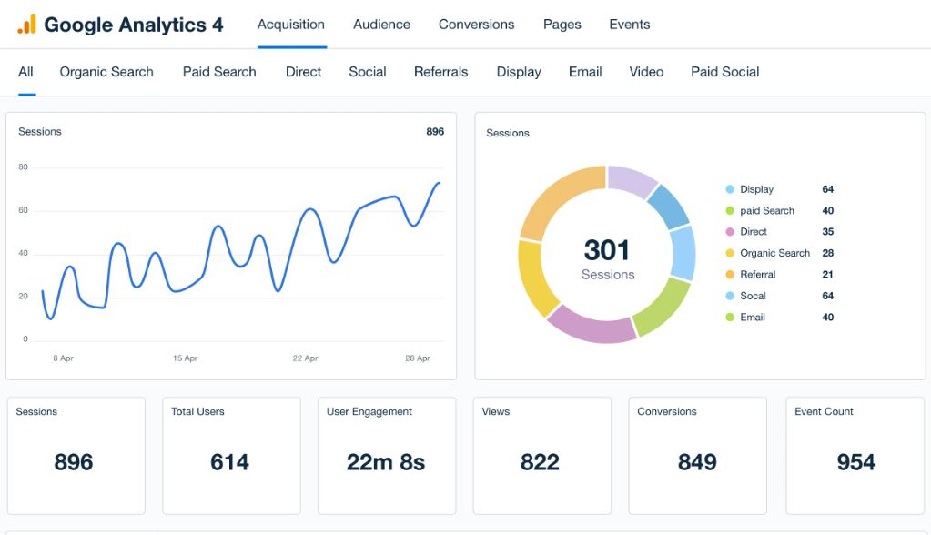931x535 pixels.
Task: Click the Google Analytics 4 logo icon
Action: (x=26, y=25)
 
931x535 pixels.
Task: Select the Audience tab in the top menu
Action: (x=381, y=25)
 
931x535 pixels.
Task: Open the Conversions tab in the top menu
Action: (x=476, y=25)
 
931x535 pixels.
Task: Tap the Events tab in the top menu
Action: (x=629, y=25)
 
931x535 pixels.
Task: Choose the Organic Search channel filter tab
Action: (x=106, y=72)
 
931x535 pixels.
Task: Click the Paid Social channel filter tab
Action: (x=724, y=72)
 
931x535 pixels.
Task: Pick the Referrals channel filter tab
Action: (x=440, y=72)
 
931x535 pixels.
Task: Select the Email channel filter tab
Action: (x=585, y=72)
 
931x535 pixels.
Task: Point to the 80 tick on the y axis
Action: (x=23, y=167)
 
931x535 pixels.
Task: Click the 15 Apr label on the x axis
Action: (x=185, y=358)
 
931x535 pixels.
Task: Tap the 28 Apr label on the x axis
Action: (x=417, y=358)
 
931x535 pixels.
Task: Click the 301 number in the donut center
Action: (x=607, y=250)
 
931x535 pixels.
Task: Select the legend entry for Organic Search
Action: (x=774, y=253)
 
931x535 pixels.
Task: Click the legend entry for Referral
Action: (x=757, y=275)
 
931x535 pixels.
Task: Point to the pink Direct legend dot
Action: (x=730, y=232)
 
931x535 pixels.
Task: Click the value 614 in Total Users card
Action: (x=229, y=462)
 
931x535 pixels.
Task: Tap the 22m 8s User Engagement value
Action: (x=386, y=462)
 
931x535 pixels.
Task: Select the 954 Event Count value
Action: (x=855, y=462)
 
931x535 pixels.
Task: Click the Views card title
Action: (x=496, y=411)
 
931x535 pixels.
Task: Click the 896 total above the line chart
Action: (x=435, y=132)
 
